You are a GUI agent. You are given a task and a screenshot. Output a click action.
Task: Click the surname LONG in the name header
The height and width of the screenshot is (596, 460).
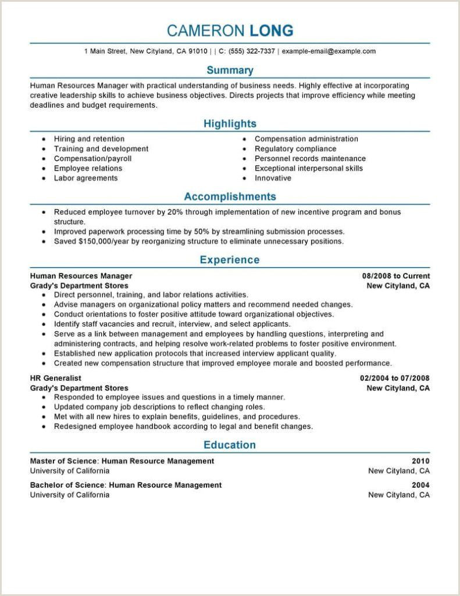272,30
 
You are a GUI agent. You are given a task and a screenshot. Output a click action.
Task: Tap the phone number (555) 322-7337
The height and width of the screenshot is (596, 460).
252,51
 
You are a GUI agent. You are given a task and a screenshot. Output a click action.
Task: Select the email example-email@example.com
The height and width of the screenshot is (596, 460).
329,51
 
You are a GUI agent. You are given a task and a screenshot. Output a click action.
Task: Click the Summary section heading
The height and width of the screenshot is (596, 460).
230,70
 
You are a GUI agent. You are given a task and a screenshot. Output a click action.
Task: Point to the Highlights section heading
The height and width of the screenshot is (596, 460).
230,124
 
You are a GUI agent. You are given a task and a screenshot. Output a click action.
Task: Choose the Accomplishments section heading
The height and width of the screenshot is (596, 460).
230,197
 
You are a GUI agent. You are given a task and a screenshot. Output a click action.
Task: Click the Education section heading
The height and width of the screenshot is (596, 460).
230,445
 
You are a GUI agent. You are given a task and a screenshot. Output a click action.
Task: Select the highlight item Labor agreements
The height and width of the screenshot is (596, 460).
85,178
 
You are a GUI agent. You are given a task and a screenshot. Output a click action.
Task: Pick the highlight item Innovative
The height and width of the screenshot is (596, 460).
273,178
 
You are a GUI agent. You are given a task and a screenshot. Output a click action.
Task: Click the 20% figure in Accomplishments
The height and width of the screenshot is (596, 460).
174,212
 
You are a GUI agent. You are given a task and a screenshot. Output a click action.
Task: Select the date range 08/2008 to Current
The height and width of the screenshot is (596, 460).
395,276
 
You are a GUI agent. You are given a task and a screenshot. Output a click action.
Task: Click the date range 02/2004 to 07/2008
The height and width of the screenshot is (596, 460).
394,378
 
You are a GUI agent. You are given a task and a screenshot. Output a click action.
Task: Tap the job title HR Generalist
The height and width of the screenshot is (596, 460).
56,378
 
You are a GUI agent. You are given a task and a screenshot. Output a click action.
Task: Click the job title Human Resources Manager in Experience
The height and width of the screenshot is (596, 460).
81,276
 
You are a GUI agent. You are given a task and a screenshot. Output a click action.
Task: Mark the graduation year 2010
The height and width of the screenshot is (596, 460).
420,461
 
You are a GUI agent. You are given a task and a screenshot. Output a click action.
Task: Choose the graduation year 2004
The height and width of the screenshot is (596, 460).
420,485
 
